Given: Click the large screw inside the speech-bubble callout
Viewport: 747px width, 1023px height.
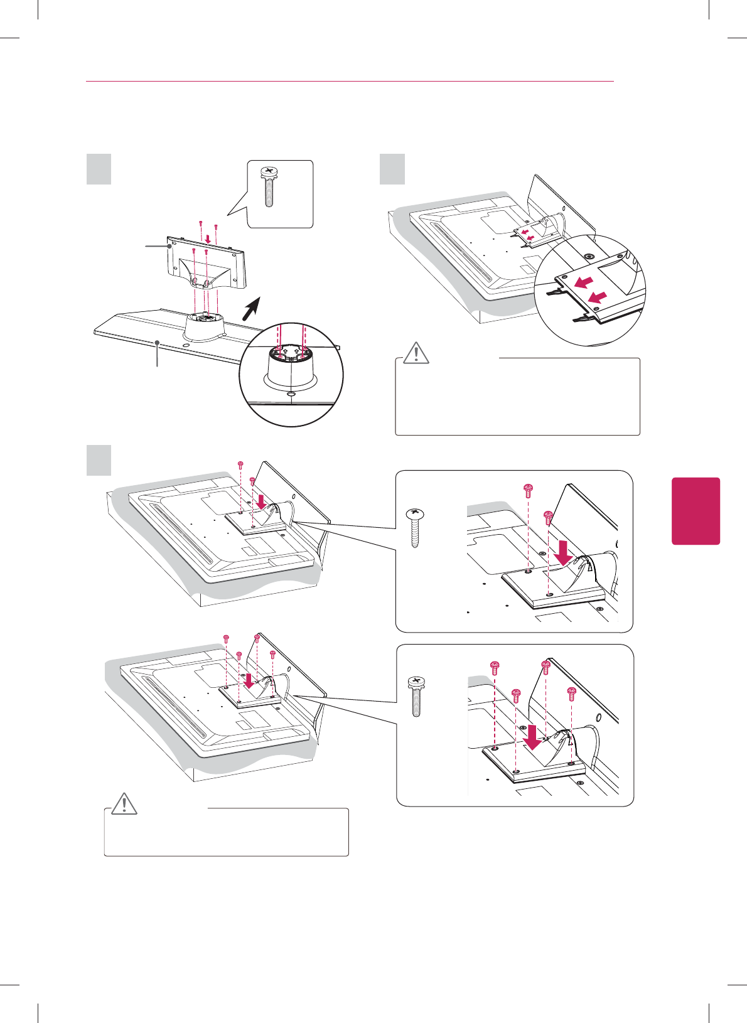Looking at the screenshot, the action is tap(270, 186).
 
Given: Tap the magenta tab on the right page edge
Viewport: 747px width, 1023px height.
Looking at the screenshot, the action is tap(696, 511).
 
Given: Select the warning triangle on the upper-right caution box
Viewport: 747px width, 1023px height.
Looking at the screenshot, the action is tap(416, 354).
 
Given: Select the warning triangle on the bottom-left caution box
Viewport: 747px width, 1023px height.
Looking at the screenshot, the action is tap(124, 804).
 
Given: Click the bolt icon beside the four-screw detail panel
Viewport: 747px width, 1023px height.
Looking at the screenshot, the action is tap(415, 697).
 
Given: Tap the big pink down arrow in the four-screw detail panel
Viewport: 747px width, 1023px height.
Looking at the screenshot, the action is tap(533, 737).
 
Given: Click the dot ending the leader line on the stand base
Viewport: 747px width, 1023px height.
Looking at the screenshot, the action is tap(157, 343).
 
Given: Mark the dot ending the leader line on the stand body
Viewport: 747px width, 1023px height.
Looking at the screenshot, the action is tap(169, 247).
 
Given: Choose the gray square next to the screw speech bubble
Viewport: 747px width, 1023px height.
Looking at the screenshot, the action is tap(99, 169).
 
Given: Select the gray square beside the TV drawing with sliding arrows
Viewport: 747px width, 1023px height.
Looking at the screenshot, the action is tap(392, 169).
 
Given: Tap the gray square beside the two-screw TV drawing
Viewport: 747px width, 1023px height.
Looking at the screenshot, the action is tap(99, 460).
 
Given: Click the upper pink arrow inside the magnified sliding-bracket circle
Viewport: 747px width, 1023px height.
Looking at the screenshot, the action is tap(583, 282).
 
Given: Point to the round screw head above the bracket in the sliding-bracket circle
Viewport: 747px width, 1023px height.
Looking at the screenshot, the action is tap(588, 257).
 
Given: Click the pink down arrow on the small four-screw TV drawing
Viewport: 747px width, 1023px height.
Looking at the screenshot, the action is tap(249, 681).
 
